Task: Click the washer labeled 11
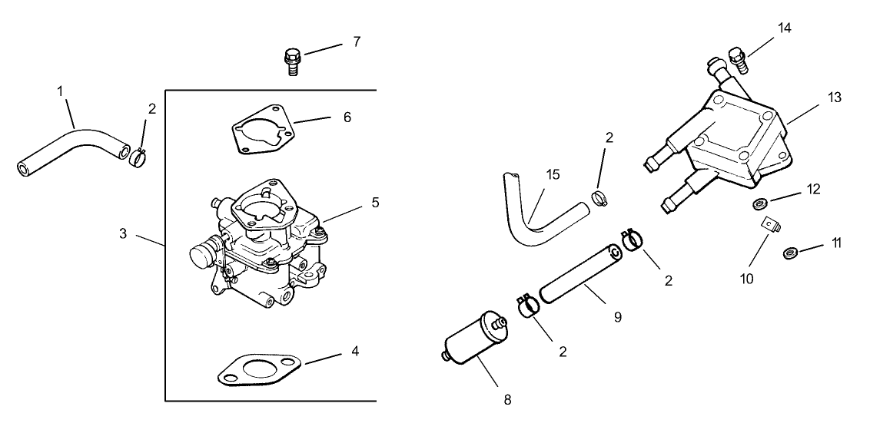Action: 789,253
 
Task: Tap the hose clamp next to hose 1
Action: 138,158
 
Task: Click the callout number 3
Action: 123,233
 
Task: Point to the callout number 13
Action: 835,98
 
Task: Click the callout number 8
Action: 506,399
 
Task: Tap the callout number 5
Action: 375,203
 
